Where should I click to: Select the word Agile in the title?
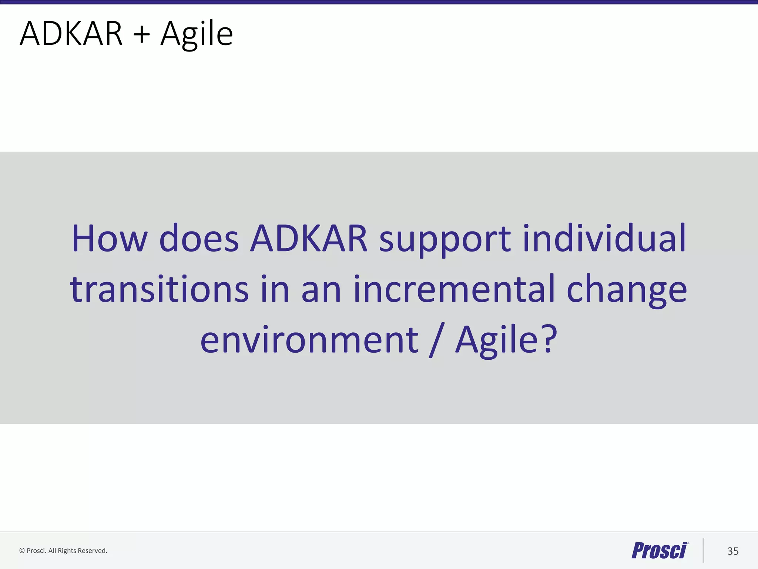pyautogui.click(x=196, y=34)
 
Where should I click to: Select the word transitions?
pyautogui.click(x=159, y=289)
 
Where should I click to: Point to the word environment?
pyautogui.click(x=309, y=340)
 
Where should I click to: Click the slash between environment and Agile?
pyautogui.click(x=437, y=340)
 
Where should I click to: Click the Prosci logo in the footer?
pyautogui.click(x=659, y=550)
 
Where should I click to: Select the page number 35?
pyautogui.click(x=733, y=551)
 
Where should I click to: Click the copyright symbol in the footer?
pyautogui.click(x=22, y=551)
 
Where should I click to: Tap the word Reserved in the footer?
pyautogui.click(x=92, y=551)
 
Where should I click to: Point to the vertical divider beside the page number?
pyautogui.click(x=703, y=550)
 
